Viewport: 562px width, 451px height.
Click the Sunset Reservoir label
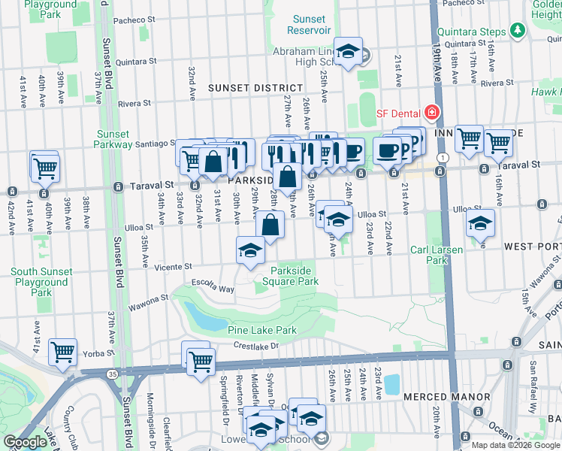pyautogui.click(x=308, y=24)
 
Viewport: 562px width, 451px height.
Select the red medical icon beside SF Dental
pyautogui.click(x=431, y=114)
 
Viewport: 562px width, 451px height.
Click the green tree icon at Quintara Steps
pyautogui.click(x=516, y=30)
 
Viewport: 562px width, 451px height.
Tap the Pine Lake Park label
pyautogui.click(x=262, y=330)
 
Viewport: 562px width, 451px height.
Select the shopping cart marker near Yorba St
pyautogui.click(x=63, y=352)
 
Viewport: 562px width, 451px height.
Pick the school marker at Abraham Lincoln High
pyautogui.click(x=348, y=51)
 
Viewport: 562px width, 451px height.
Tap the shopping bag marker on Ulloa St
pyautogui.click(x=270, y=224)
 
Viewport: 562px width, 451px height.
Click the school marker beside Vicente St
pyautogui.click(x=250, y=251)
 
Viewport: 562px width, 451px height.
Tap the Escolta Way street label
pyautogui.click(x=213, y=289)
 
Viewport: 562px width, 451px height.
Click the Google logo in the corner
pyautogui.click(x=25, y=443)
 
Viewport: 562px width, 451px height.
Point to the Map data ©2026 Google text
pyautogui.click(x=514, y=445)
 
